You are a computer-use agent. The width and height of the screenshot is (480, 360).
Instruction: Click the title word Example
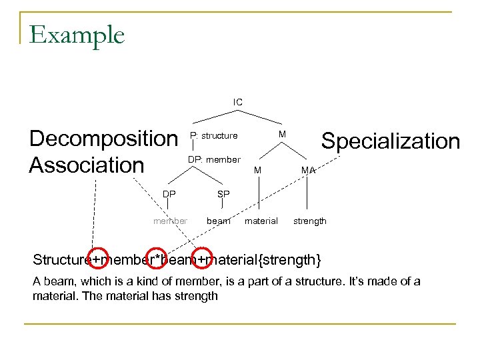(77, 35)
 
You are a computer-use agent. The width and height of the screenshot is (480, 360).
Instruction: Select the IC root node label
(238, 102)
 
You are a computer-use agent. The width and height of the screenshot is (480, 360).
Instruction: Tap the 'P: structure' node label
(213, 136)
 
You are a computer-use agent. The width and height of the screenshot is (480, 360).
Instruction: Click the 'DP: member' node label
(214, 160)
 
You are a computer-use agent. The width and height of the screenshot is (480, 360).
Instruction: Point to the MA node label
(307, 171)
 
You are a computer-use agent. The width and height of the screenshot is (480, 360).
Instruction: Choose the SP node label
(223, 194)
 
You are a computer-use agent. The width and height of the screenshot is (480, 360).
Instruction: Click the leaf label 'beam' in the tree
(219, 221)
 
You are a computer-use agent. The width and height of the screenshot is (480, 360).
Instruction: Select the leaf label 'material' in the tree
(261, 221)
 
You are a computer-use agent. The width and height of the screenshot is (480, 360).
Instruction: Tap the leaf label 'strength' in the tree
(310, 221)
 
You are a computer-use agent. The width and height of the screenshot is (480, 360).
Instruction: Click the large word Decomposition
(103, 139)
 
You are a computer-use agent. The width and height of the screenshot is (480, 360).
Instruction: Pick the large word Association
(87, 164)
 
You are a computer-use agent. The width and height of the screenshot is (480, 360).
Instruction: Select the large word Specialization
(391, 141)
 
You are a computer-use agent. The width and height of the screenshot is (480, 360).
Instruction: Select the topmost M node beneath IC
(283, 135)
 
